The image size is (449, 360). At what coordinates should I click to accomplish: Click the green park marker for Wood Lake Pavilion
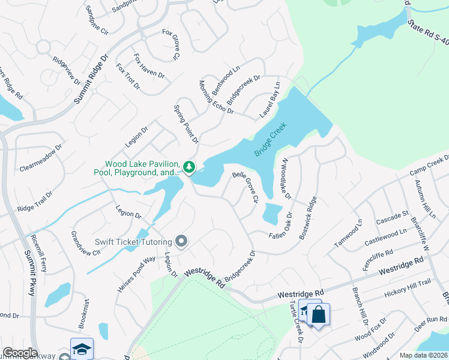(189, 167)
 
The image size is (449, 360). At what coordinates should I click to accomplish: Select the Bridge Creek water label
(271, 140)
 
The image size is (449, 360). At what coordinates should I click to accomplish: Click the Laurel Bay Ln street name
(271, 100)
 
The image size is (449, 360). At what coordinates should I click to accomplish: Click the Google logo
(20, 353)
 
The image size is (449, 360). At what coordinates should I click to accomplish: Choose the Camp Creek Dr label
(430, 166)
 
